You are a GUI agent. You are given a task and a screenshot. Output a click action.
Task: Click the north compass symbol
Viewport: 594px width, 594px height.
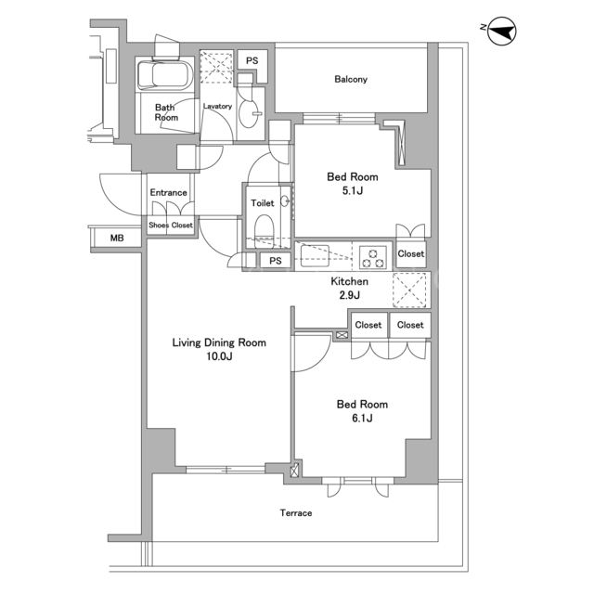click(501, 31)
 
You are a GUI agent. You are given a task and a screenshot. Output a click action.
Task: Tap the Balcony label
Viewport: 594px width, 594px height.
click(351, 79)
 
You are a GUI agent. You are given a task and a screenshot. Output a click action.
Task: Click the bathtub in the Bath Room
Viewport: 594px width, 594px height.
click(165, 74)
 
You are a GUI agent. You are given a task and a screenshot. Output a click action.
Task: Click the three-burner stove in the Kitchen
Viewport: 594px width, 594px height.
click(373, 257)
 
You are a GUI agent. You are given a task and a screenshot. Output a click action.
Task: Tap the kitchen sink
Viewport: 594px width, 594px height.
click(315, 256)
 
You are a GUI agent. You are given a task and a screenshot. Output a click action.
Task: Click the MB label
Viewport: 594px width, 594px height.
click(117, 238)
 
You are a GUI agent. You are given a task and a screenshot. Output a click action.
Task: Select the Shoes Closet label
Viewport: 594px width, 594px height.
click(171, 225)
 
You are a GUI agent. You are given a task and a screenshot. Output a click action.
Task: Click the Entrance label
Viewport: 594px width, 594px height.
click(169, 192)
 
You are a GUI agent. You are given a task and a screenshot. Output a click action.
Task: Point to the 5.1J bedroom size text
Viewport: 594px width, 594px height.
click(353, 190)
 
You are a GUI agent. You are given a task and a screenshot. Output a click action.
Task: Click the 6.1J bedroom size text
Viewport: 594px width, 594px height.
click(362, 418)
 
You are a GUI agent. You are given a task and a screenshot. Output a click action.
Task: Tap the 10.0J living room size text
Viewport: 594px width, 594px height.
click(219, 356)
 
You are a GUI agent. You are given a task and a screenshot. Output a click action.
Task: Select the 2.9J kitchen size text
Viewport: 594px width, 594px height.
click(349, 295)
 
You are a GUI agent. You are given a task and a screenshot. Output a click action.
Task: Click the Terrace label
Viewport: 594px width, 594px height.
click(296, 513)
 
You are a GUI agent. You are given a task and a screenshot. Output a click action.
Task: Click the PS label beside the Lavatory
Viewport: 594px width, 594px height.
click(252, 60)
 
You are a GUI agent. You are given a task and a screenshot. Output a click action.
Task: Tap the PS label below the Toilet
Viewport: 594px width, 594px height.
click(276, 261)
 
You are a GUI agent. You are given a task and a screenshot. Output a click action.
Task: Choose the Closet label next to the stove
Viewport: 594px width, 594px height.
click(411, 253)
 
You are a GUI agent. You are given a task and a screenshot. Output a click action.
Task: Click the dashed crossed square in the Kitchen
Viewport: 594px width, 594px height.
click(411, 291)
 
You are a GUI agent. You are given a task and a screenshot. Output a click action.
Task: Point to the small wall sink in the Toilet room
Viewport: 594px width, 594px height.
click(285, 201)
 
